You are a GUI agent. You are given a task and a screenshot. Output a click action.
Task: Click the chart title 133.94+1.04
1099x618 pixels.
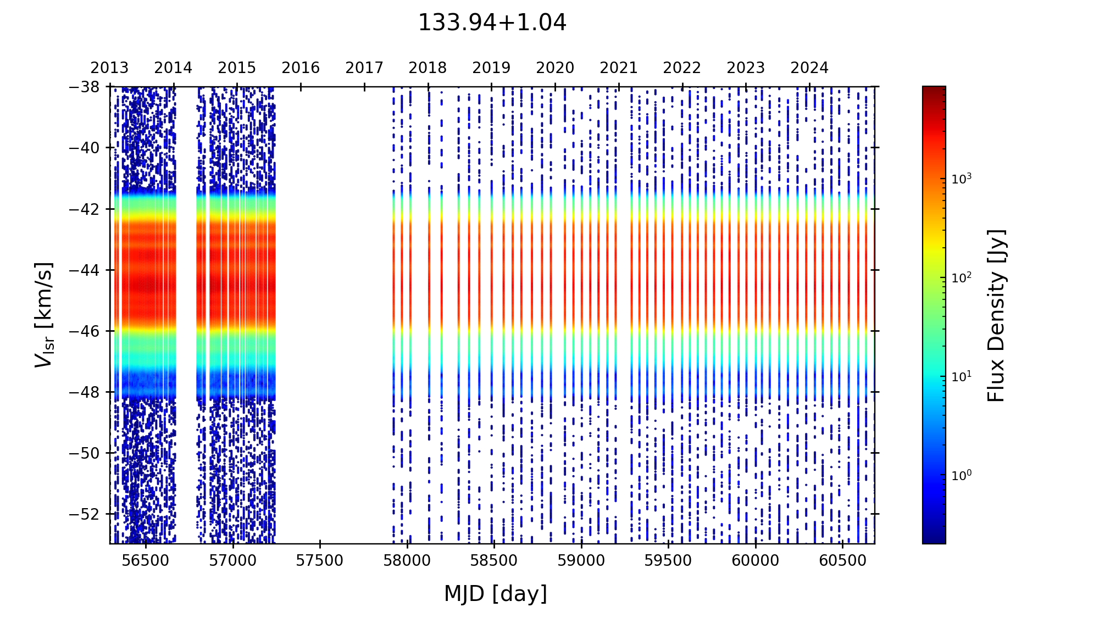pos(492,23)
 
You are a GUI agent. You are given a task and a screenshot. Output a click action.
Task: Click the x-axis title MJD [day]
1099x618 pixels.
pos(496,594)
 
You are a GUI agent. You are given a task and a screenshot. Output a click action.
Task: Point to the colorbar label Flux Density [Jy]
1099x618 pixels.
pos(996,315)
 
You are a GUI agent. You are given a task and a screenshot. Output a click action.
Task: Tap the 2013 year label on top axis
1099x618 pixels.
pos(109,68)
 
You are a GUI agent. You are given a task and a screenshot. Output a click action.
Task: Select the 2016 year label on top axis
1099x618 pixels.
pos(301,68)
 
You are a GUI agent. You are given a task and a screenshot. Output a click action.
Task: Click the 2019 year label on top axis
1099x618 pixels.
pos(491,68)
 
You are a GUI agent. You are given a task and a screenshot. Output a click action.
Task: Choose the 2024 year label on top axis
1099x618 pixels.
pos(809,68)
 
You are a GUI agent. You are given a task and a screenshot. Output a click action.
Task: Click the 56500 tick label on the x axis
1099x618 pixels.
pos(146,561)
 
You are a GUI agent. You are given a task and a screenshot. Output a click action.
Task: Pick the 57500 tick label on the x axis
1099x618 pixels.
pos(320,561)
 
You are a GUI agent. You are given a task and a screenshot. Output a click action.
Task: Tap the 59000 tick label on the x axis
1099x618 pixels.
pos(581,561)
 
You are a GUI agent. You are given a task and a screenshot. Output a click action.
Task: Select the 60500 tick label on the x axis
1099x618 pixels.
pos(842,561)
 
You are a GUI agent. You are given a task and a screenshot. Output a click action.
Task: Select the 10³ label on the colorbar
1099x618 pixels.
pos(962,178)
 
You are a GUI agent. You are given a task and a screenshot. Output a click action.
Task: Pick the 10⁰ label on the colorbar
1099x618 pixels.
pos(962,475)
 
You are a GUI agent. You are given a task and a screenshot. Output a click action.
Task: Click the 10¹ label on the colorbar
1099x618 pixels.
pos(962,376)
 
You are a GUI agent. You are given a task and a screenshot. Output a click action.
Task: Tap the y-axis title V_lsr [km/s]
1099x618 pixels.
pos(44,315)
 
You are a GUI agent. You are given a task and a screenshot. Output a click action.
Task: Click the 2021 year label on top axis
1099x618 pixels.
pos(619,68)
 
